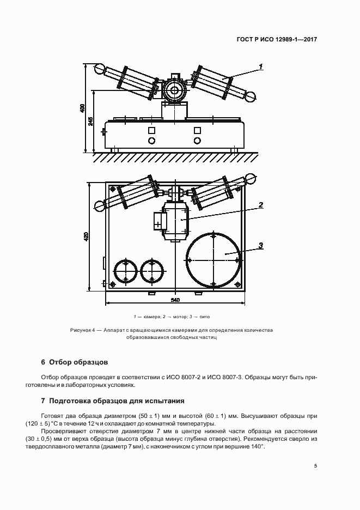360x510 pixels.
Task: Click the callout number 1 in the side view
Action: (x=261, y=66)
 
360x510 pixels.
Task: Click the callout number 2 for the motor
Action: (x=261, y=205)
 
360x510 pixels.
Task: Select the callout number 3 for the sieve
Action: (x=261, y=245)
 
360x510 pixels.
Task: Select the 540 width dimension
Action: (x=175, y=300)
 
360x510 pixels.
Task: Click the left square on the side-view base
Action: (x=151, y=130)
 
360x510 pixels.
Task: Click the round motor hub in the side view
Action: (x=175, y=90)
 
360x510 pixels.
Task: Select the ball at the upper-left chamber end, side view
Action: (x=100, y=70)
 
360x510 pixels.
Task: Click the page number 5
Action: (x=316, y=466)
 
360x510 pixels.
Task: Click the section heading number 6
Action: (x=43, y=362)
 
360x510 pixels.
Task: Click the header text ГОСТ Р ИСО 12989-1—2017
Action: (x=277, y=40)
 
